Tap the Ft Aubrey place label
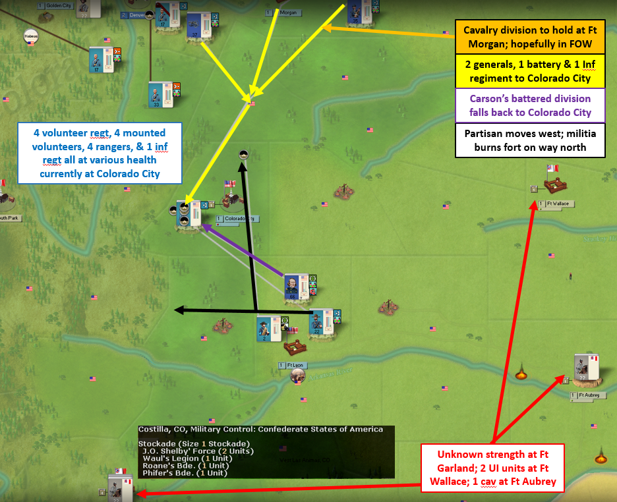pos(588,395)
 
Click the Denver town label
pos(136,15)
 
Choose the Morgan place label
pos(288,13)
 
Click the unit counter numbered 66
pos(292,287)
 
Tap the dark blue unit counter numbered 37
pos(194,26)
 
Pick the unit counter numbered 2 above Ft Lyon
pos(265,327)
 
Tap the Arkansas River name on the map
pos(318,372)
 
